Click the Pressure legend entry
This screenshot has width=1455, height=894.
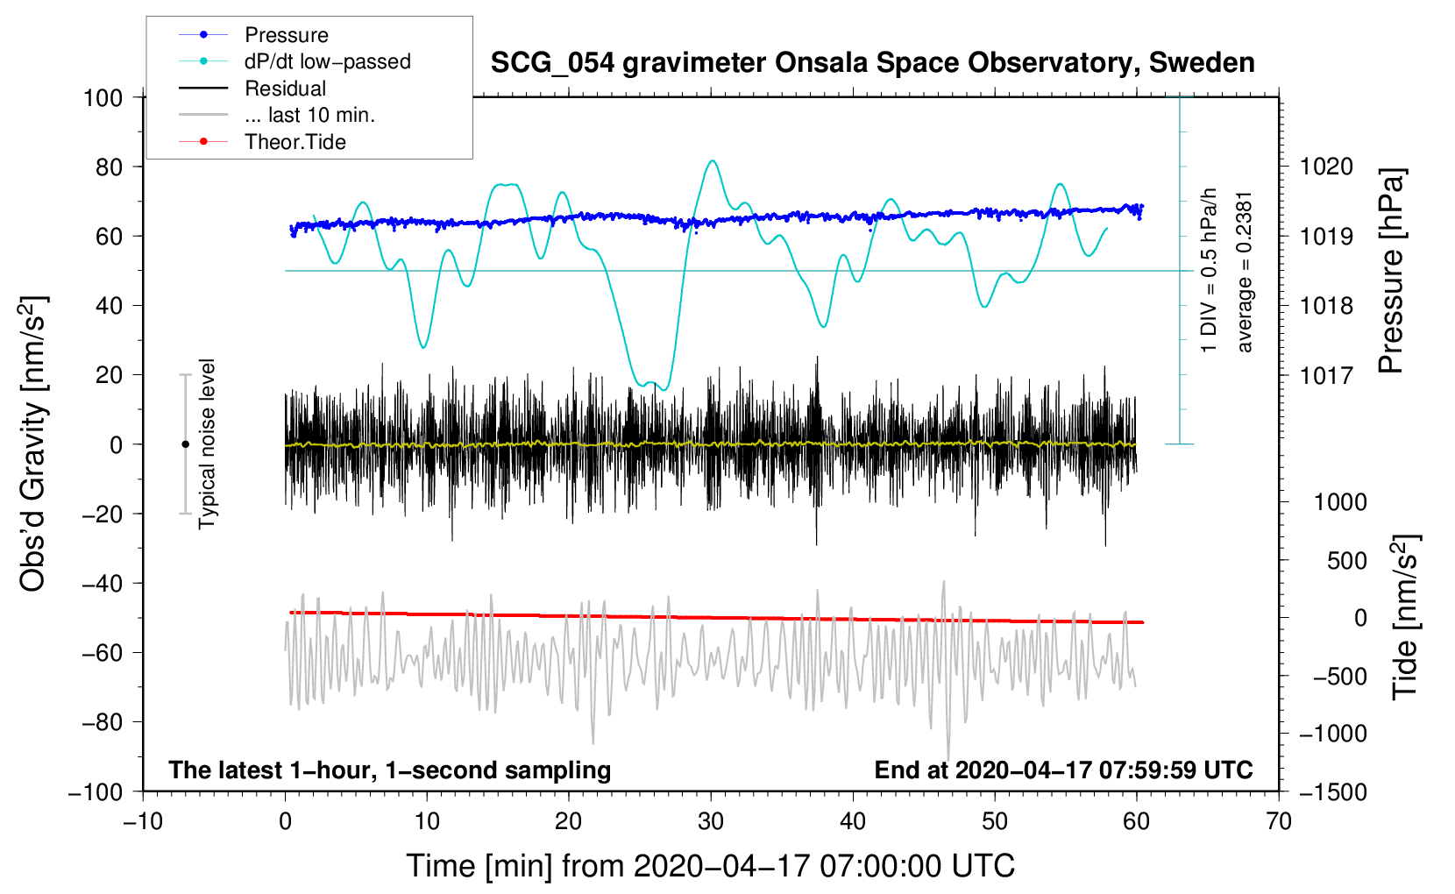click(286, 35)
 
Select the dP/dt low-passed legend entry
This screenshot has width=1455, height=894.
click(327, 61)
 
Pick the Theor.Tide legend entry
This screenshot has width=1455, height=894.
click(295, 142)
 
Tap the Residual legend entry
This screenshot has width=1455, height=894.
click(285, 89)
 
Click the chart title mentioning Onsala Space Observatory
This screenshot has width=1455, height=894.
click(872, 63)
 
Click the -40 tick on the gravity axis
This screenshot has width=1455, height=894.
click(102, 583)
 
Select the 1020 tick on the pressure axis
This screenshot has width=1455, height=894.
click(1326, 167)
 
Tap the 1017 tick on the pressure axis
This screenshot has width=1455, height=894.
click(1326, 375)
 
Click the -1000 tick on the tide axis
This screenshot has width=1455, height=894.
click(1332, 734)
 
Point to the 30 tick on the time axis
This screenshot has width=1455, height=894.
click(711, 821)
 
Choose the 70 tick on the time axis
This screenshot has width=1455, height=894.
click(1279, 821)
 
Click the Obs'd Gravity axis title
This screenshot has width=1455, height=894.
click(32, 443)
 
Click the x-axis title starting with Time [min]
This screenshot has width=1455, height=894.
click(710, 866)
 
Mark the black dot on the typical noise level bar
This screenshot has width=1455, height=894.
click(185, 444)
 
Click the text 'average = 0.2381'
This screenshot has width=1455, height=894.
click(1245, 272)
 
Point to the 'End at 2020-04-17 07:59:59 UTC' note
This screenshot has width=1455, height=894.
click(1063, 770)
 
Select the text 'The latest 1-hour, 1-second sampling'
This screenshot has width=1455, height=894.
click(389, 770)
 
